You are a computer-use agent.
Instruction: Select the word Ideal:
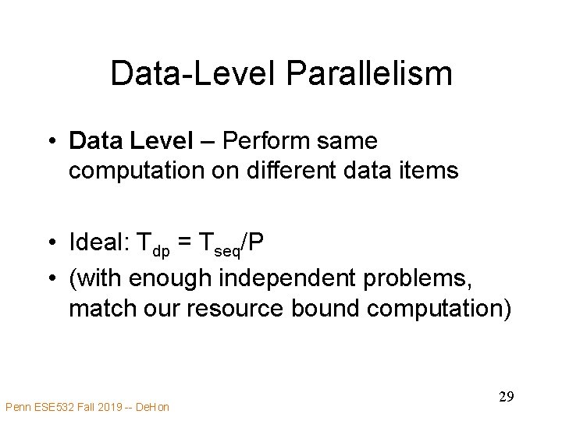(x=99, y=242)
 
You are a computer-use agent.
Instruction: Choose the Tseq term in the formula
(x=219, y=244)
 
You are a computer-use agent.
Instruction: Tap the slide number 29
(x=506, y=397)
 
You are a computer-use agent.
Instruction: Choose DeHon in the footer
(x=153, y=406)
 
